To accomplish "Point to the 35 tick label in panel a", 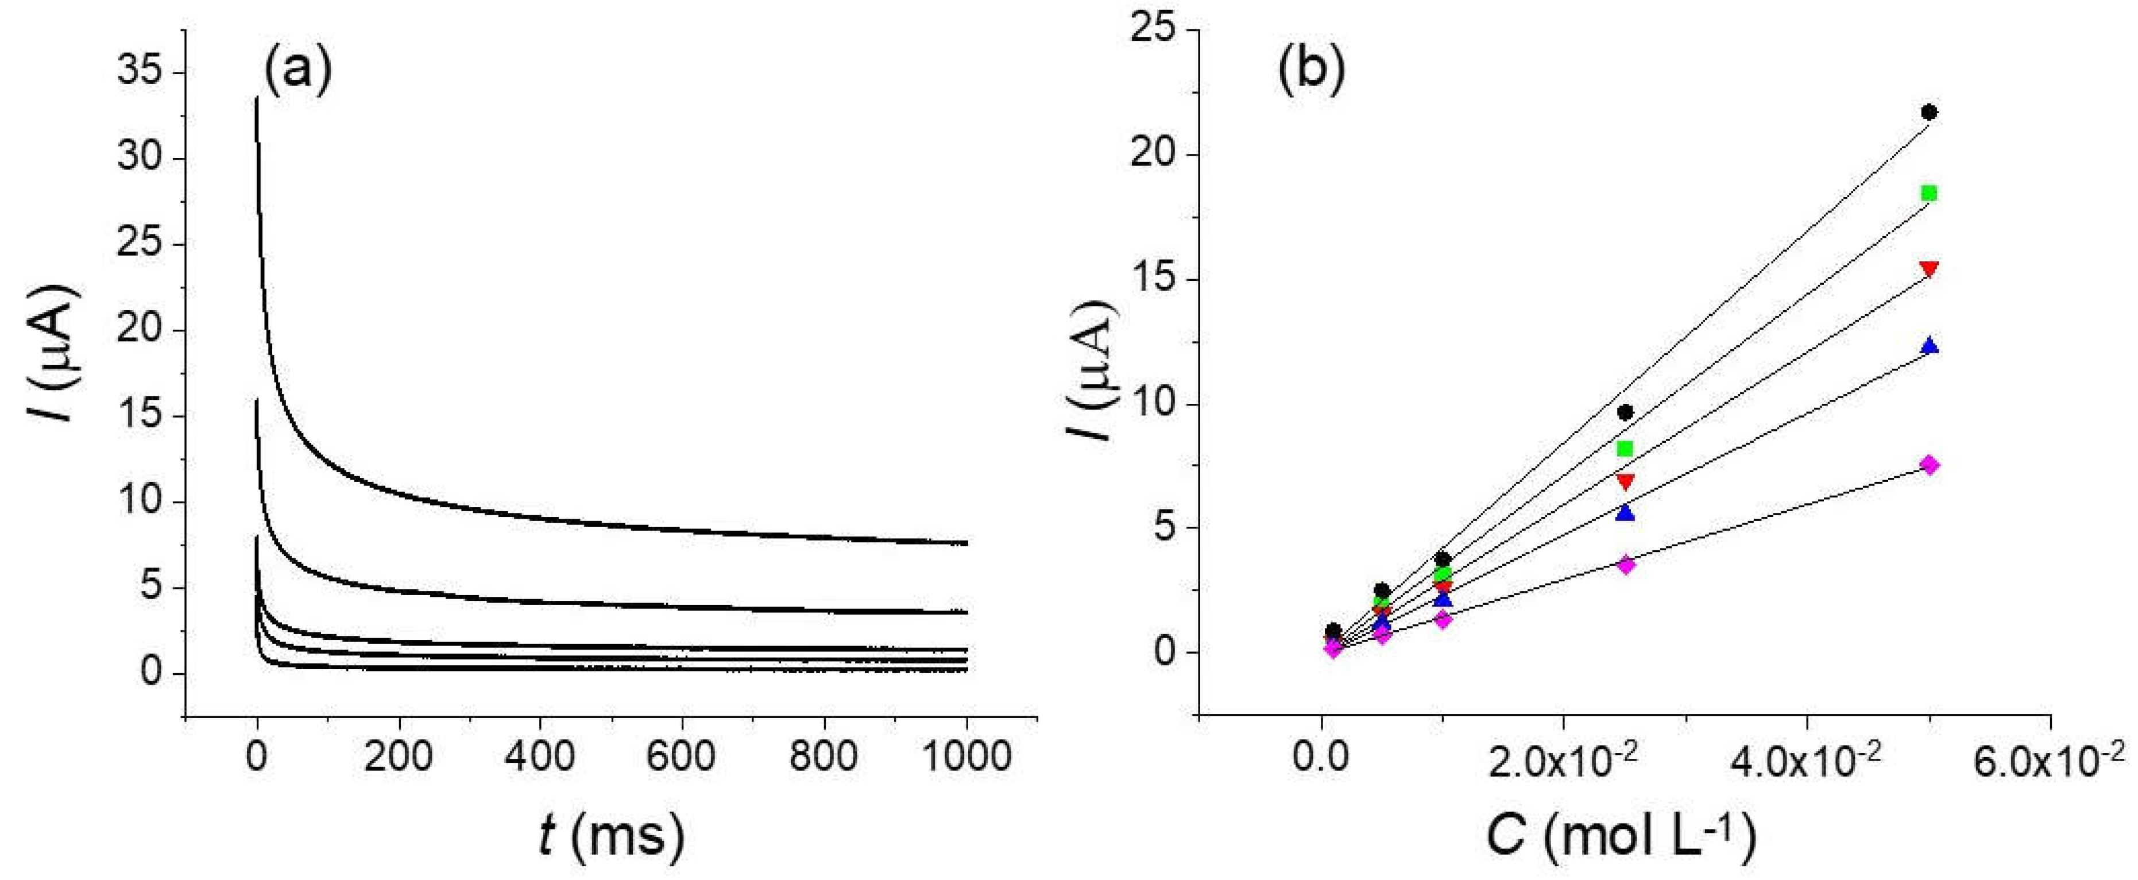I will coord(140,73).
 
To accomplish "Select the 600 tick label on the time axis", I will coord(682,757).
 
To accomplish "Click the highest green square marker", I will coord(1929,194).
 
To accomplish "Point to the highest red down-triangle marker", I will coord(1929,269).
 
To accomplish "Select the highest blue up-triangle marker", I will coord(1929,345).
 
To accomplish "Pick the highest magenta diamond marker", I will coord(1929,464).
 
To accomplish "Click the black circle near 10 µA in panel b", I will coord(1625,412).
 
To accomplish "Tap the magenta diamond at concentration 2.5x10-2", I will coord(1625,565).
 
